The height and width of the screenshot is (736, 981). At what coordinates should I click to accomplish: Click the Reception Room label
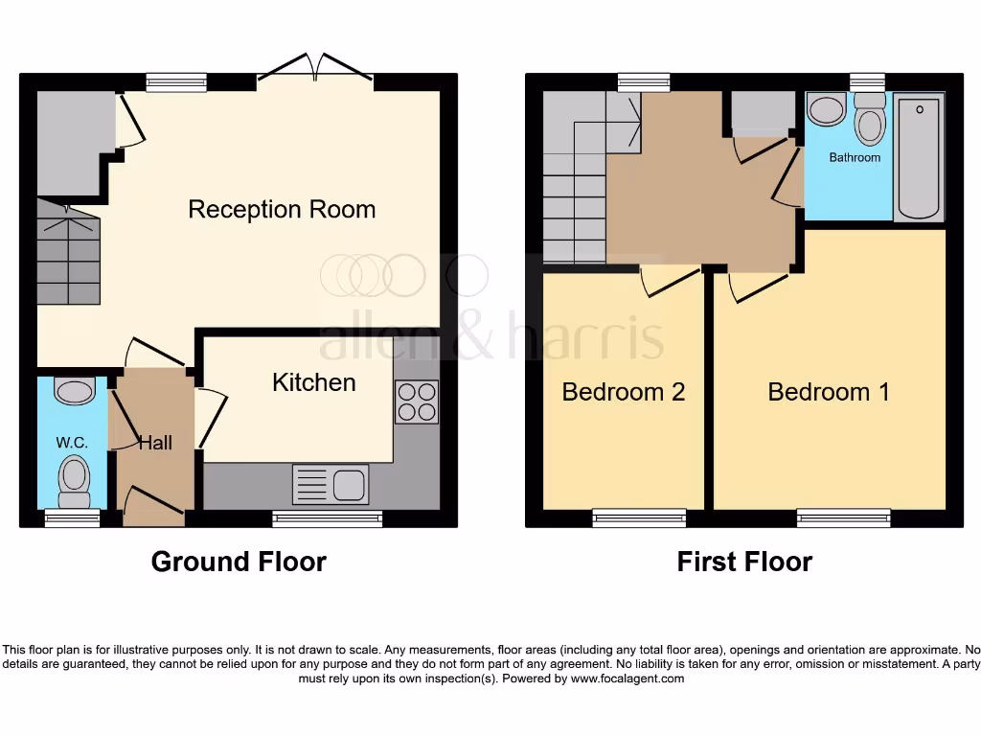coord(282,209)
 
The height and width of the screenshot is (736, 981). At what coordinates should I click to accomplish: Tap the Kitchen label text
coord(313,382)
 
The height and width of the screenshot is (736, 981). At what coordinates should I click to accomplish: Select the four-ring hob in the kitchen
coord(417,402)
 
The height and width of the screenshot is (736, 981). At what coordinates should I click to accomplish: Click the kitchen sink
coord(330,484)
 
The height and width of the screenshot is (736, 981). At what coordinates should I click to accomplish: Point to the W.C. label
coord(72,443)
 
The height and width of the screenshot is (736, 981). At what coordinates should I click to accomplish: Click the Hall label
coord(155,443)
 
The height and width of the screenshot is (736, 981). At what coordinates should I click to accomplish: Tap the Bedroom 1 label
coord(829,392)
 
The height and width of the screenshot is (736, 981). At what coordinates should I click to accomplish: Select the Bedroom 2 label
coord(623,392)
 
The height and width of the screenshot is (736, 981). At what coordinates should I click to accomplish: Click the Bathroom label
coord(855,157)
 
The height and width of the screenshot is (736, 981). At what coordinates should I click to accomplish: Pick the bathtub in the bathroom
coord(919,156)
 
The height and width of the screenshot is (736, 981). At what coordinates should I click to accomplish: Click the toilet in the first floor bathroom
coord(870,119)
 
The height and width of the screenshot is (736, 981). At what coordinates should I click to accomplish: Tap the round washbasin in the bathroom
coord(827,109)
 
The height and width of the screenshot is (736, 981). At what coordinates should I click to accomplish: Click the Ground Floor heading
coord(239,562)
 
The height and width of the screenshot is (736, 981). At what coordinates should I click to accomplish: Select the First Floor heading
coord(744,562)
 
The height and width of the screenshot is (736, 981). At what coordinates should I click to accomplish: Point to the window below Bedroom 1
coord(843,518)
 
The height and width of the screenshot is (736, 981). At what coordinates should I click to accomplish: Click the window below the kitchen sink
coord(328,518)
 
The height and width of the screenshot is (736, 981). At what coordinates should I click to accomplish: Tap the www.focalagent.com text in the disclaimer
coord(627,678)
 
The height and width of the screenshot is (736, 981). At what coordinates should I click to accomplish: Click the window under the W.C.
coord(72,518)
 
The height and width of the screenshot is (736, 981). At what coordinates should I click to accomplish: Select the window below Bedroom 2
coord(639,518)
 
